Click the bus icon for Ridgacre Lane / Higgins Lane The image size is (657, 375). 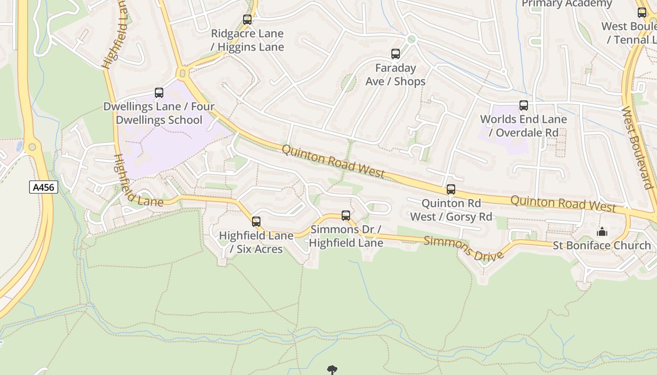[247, 20]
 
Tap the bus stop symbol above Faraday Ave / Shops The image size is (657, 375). [396, 54]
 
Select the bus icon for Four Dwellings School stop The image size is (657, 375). [159, 93]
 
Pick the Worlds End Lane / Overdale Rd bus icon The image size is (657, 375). [524, 105]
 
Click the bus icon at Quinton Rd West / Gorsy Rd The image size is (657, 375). [451, 189]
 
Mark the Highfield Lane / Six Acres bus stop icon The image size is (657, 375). [256, 221]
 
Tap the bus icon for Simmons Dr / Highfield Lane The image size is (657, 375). [346, 216]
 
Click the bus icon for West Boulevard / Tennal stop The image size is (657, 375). [642, 13]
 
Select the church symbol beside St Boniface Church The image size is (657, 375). [602, 232]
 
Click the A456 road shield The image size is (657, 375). [43, 187]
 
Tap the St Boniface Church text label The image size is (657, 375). [602, 246]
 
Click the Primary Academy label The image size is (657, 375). [567, 4]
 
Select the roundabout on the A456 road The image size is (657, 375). [32, 147]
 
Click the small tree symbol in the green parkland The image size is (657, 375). [332, 370]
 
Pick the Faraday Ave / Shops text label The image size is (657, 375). [396, 75]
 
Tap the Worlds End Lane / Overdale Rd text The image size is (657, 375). [523, 126]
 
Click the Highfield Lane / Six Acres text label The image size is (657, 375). [256, 242]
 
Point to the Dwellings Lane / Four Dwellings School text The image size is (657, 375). [159, 113]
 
